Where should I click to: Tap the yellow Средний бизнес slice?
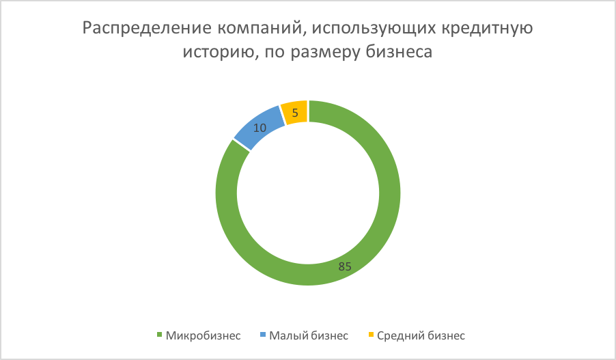click(294, 113)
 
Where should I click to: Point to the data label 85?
click(344, 266)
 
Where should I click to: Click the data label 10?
click(260, 128)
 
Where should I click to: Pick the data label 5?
click(295, 113)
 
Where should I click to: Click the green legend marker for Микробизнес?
click(159, 335)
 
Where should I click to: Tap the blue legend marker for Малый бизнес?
click(263, 335)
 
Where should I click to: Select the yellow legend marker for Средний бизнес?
click(370, 335)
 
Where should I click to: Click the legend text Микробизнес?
click(203, 335)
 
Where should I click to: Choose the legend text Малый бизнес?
click(309, 335)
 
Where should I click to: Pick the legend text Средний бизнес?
click(421, 335)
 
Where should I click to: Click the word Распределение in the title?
click(148, 29)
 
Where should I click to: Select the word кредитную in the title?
click(487, 29)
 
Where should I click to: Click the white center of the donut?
click(307, 193)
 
